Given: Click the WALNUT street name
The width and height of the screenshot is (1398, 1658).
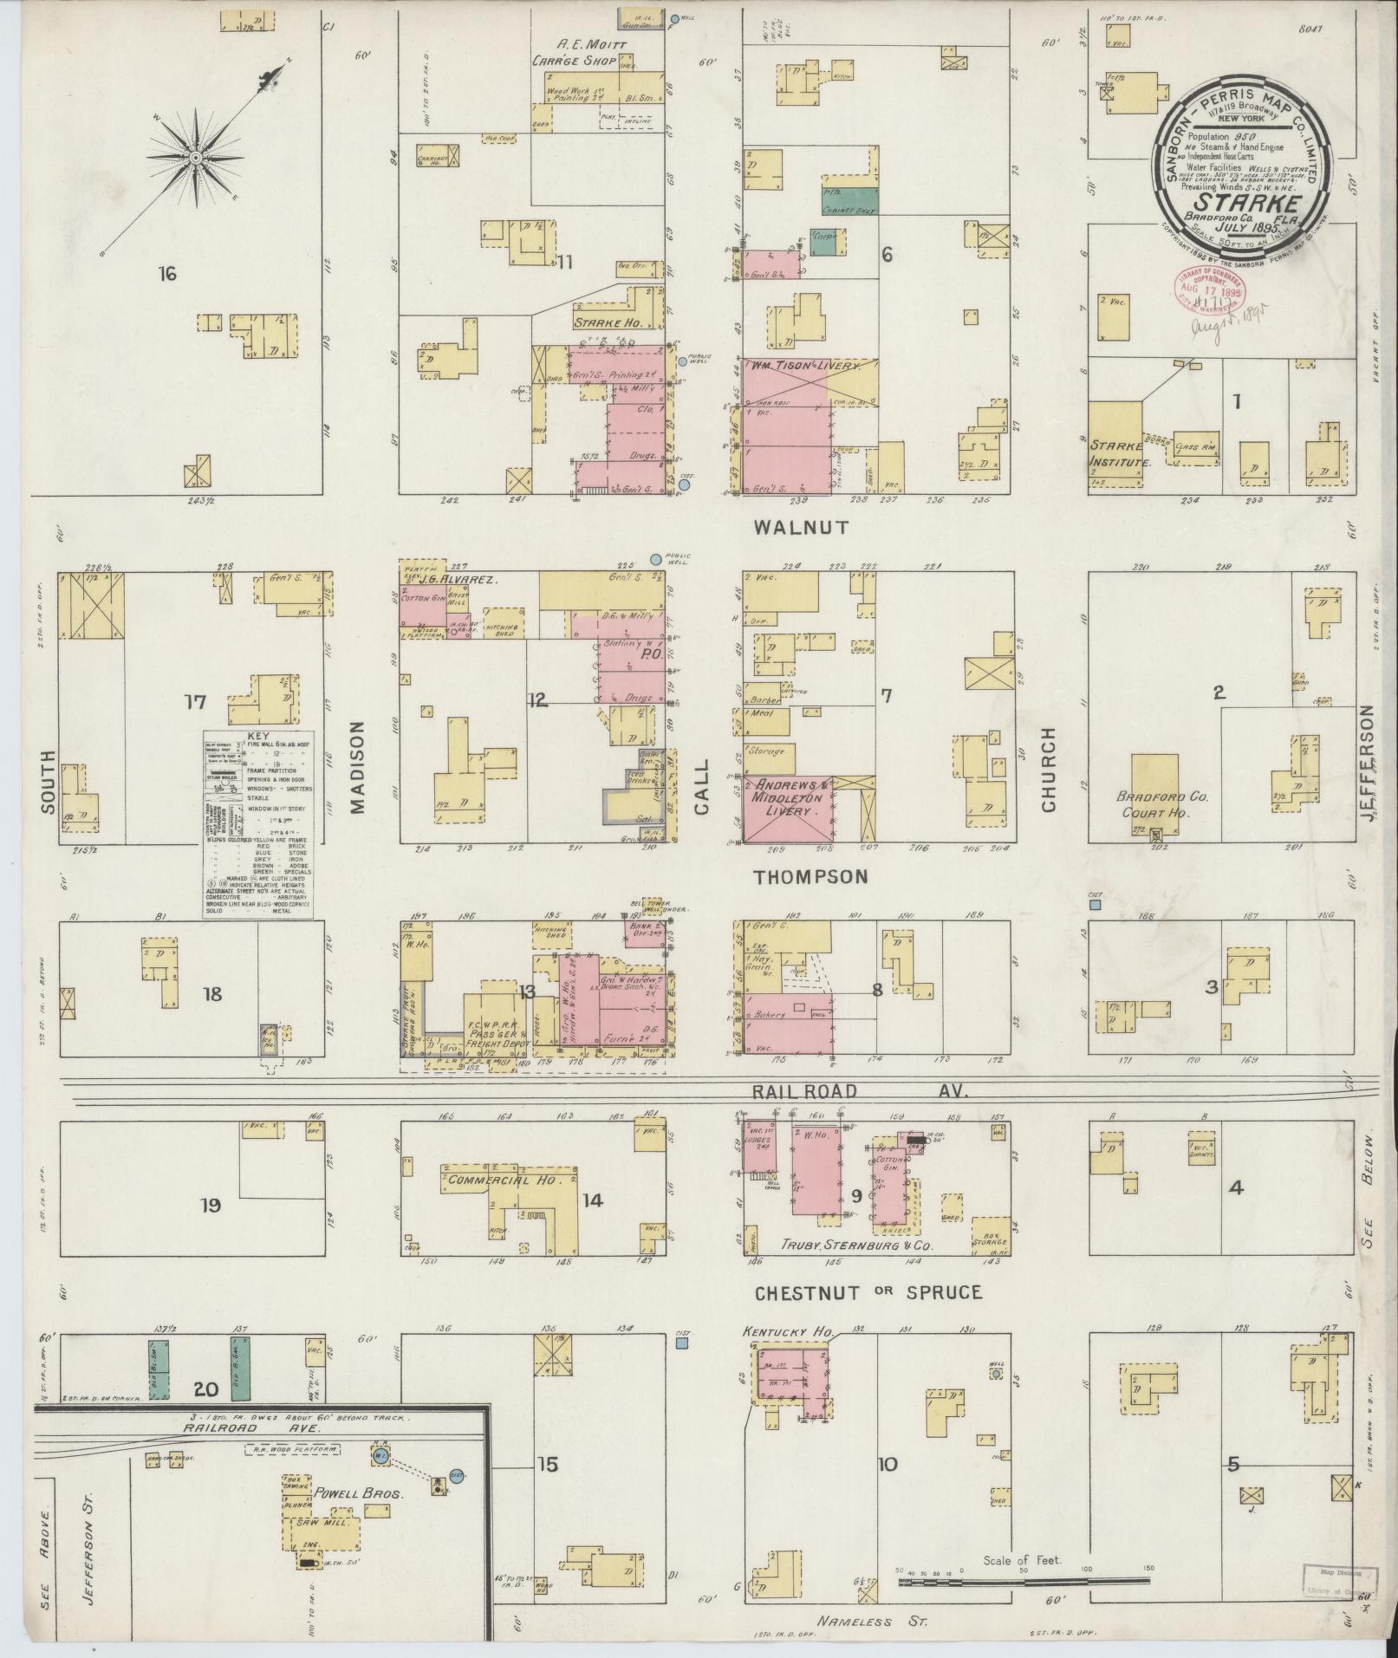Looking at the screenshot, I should pyautogui.click(x=800, y=527).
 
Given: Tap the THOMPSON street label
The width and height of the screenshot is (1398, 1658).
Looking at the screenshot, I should pyautogui.click(x=810, y=876).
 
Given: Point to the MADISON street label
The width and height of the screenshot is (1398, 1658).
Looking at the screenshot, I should pyautogui.click(x=357, y=769).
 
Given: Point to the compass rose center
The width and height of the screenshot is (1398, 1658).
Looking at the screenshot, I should pyautogui.click(x=197, y=158).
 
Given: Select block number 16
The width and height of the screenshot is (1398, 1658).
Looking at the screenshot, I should pyautogui.click(x=167, y=275).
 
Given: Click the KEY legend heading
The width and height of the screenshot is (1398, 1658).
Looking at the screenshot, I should pyautogui.click(x=258, y=735).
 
